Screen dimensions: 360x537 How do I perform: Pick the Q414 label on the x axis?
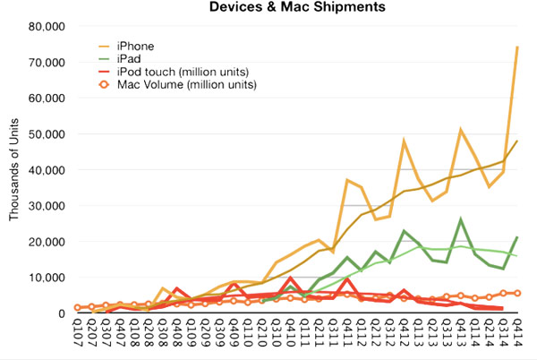click(x=517, y=336)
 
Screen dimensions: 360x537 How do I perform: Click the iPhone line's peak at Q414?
click(x=517, y=47)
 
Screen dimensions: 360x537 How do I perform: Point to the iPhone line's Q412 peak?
click(x=405, y=141)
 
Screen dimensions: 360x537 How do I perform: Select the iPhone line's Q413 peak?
click(x=461, y=130)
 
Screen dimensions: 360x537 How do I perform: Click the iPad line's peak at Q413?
click(x=461, y=219)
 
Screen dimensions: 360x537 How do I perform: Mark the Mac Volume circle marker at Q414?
click(x=517, y=293)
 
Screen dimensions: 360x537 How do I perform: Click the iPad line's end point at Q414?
click(x=517, y=237)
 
